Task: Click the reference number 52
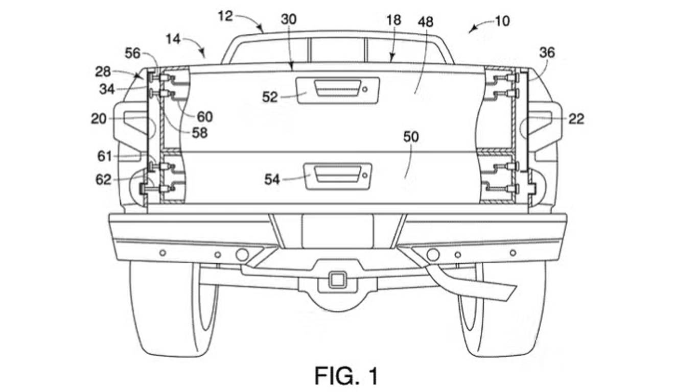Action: coord(270,96)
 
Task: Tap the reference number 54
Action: coord(272,179)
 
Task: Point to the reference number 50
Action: coord(411,137)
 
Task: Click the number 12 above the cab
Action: coord(225,16)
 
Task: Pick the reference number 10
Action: coord(502,22)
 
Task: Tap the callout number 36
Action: coord(546,53)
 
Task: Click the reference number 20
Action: coord(99,118)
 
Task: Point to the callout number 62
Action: coord(103,179)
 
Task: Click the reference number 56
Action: coord(133,53)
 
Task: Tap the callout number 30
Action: coord(289,19)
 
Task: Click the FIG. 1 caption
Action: coord(347,376)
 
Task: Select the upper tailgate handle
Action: coord(332,88)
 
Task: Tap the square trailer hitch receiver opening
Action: coord(337,280)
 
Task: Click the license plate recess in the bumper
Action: coord(337,231)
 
